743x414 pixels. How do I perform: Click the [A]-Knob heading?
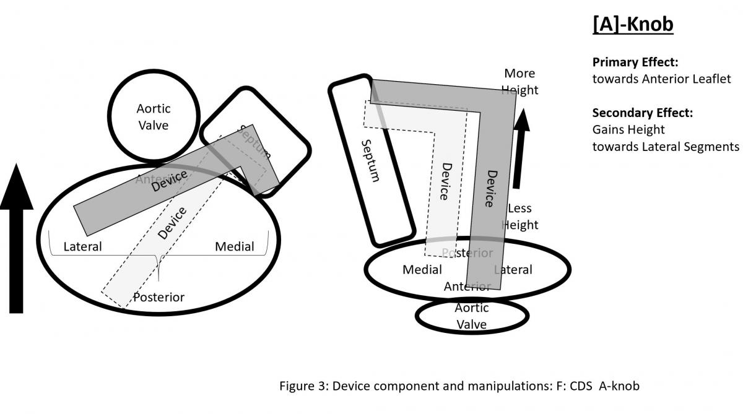coord(632,24)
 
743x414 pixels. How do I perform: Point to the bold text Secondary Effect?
coord(642,113)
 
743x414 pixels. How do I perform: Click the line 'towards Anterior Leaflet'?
coord(661,79)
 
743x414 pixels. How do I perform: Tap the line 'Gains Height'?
coord(628,130)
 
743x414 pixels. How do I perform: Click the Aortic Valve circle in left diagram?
coord(154,116)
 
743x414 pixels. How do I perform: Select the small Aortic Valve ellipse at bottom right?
coord(471,316)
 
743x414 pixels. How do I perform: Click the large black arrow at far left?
coord(22,242)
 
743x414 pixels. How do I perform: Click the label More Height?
coord(519,82)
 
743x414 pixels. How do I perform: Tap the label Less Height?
coord(519,217)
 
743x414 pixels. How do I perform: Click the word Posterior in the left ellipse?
coord(159,298)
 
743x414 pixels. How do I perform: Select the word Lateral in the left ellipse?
coord(83,247)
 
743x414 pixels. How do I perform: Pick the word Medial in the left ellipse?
coord(234,247)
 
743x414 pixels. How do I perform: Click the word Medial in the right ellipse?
coord(422,270)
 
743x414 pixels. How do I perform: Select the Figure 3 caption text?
coord(459,386)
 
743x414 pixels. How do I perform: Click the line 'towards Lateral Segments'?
coord(666,147)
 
